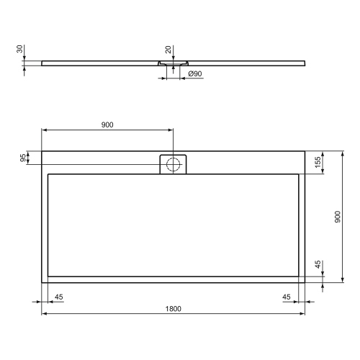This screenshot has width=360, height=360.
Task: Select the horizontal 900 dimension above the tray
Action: [107, 125]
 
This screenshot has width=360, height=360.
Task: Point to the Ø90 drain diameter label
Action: [194, 74]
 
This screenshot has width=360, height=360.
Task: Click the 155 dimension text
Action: [318, 161]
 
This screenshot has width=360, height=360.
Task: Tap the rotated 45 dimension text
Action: [318, 266]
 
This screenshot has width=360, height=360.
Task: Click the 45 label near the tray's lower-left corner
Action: [59, 296]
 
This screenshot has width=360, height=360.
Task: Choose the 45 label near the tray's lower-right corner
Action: [287, 296]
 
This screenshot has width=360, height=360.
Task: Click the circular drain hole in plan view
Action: [173, 163]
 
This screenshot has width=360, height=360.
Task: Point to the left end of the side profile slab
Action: [43, 63]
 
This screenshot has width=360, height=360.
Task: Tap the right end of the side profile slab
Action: [303, 63]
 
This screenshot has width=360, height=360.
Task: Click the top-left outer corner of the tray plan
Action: [42, 150]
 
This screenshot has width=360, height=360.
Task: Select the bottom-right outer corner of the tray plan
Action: [305, 282]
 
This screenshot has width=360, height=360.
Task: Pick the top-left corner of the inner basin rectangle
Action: [48, 174]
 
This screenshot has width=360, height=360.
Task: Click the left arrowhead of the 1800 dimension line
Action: [44, 314]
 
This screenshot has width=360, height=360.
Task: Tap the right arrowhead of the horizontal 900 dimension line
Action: [171, 130]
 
